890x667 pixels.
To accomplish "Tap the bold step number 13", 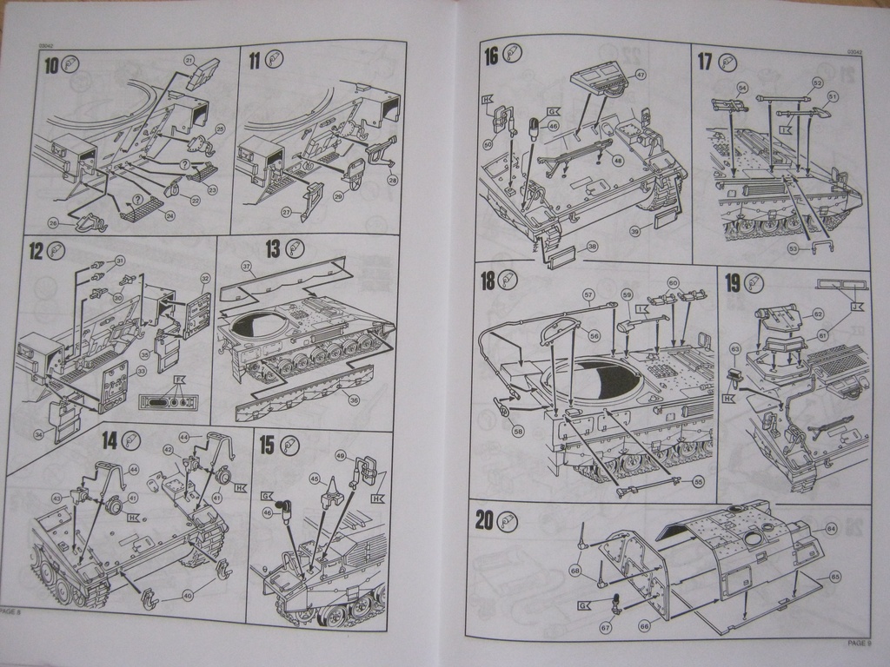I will pyautogui.click(x=273, y=249).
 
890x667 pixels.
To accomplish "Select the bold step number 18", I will pyautogui.click(x=488, y=280).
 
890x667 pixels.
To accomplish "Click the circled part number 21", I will pyautogui.click(x=189, y=60).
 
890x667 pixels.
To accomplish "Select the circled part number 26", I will pyautogui.click(x=54, y=223).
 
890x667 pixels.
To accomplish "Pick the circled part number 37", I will pyautogui.click(x=247, y=265).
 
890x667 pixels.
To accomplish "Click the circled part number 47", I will pyautogui.click(x=641, y=75).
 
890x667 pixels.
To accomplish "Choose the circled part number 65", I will pyautogui.click(x=835, y=576).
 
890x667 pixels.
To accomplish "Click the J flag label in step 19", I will pyautogui.click(x=857, y=307).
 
